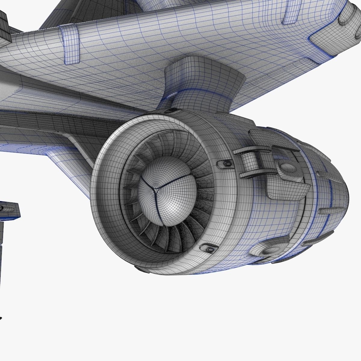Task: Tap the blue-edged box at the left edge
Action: tap(9, 211)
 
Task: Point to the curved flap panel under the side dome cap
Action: tap(287, 190)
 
